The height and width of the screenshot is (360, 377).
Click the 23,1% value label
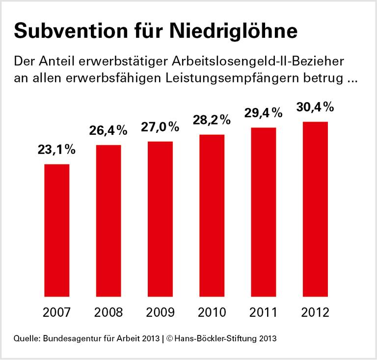(x=56, y=150)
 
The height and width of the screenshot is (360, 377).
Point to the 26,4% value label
(x=108, y=130)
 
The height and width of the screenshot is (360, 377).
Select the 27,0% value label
(x=160, y=127)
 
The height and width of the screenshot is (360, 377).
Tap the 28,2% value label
(x=212, y=120)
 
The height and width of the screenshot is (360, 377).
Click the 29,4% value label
(x=264, y=113)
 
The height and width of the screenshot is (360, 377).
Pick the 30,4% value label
(x=315, y=106)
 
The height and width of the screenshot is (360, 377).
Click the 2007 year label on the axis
(x=56, y=312)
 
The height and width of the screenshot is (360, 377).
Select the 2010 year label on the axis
(x=212, y=312)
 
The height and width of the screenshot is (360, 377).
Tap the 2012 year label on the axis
(x=315, y=312)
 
